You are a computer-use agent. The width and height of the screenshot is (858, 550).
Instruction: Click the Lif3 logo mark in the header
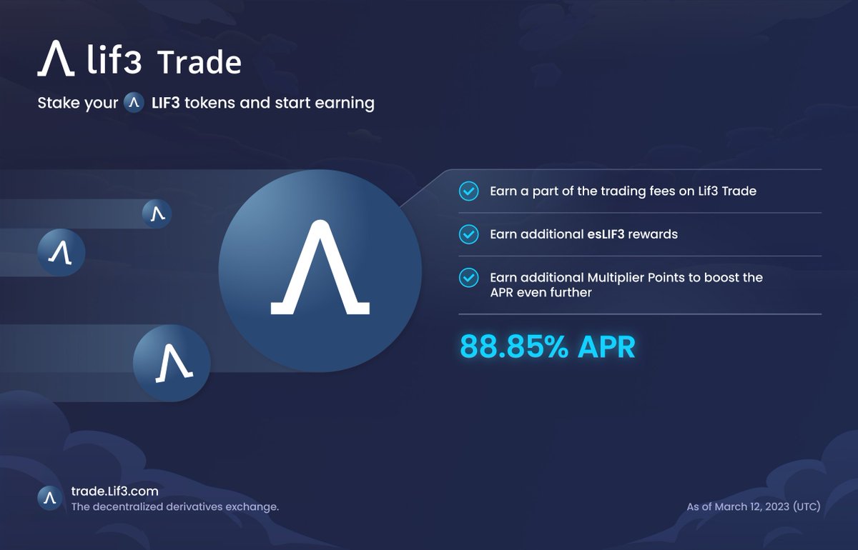[56, 59]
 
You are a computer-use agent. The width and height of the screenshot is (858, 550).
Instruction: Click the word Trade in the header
[199, 63]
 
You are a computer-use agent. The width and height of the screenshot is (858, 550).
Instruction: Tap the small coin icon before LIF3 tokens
[134, 103]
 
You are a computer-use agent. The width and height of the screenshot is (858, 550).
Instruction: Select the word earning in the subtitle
[342, 104]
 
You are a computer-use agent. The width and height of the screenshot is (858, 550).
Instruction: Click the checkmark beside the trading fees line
[468, 191]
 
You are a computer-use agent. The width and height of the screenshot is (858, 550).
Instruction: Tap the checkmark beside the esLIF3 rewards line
[468, 234]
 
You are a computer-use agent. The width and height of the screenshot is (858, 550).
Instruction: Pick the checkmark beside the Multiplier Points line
[468, 278]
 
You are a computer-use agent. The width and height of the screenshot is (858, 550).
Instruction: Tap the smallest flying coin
[157, 214]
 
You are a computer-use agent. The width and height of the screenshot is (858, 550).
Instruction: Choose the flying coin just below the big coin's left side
[172, 363]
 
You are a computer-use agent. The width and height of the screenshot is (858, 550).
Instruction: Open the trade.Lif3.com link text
[114, 491]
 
